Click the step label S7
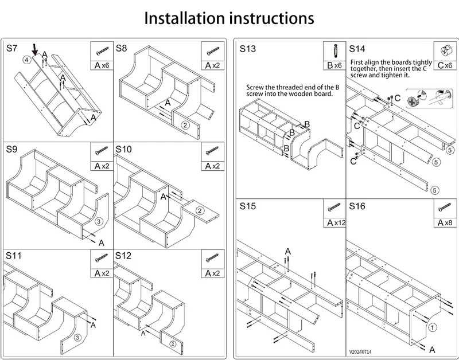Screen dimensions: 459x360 pyautogui.click(x=11, y=48)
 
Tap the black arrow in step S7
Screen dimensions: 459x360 pyautogui.click(x=35, y=50)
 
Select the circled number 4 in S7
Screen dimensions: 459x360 pyautogui.click(x=26, y=60)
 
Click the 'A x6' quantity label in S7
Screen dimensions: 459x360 pyautogui.click(x=102, y=65)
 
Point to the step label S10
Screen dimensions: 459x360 pyautogui.click(x=123, y=149)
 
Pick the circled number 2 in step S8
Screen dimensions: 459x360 pyautogui.click(x=185, y=125)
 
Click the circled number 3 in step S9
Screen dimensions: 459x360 pyautogui.click(x=99, y=221)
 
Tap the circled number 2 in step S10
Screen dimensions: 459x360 pyautogui.click(x=200, y=211)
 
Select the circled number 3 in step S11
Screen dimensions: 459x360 pyautogui.click(x=77, y=338)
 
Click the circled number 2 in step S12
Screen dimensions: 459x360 pyautogui.click(x=173, y=344)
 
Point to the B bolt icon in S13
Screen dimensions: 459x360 pyautogui.click(x=334, y=51)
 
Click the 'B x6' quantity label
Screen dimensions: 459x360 pyautogui.click(x=334, y=65)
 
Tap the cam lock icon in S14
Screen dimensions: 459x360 pyautogui.click(x=445, y=51)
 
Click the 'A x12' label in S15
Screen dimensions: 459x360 pyautogui.click(x=336, y=223)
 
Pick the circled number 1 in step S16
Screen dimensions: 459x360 pyautogui.click(x=433, y=327)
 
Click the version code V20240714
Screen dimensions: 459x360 pyautogui.click(x=360, y=352)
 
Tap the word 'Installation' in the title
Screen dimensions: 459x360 pyautogui.click(x=185, y=18)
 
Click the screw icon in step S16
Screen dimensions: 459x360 pyautogui.click(x=445, y=208)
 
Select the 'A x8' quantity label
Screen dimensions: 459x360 pyautogui.click(x=445, y=223)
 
